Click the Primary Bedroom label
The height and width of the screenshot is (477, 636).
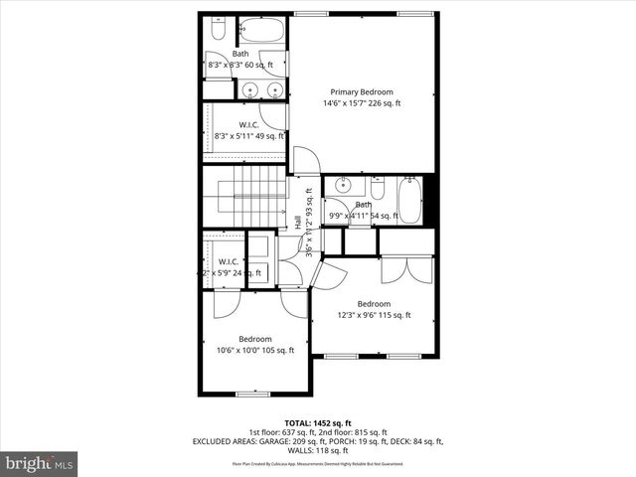click(363, 90)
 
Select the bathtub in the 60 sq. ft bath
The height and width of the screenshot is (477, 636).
click(263, 30)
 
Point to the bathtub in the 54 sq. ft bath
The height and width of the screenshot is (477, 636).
click(410, 200)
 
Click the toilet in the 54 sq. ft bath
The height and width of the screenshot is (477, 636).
click(378, 188)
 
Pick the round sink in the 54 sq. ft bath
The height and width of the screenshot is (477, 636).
click(344, 186)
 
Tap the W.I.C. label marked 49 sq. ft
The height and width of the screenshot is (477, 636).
click(249, 125)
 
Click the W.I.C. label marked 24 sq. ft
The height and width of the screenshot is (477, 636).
click(228, 262)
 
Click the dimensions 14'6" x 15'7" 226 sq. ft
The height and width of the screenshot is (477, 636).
click(363, 103)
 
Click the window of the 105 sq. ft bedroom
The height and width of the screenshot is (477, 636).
click(252, 394)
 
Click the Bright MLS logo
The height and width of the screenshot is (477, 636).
click(40, 462)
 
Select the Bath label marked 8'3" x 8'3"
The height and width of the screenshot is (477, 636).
click(241, 54)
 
